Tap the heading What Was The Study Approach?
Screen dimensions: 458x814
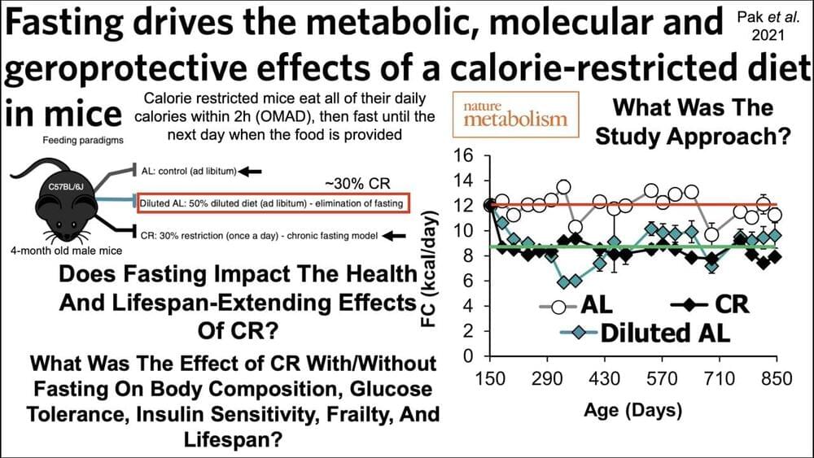(x=694, y=122)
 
